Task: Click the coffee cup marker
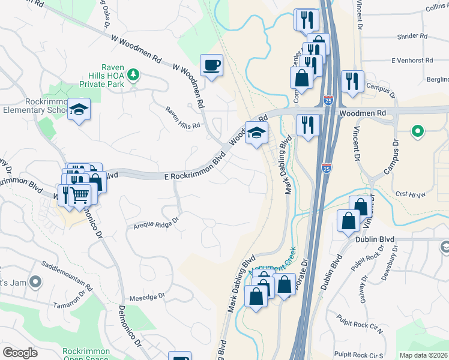click(211, 66)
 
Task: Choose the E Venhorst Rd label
click(412, 61)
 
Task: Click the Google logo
click(20, 353)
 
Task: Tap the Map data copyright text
click(424, 355)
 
